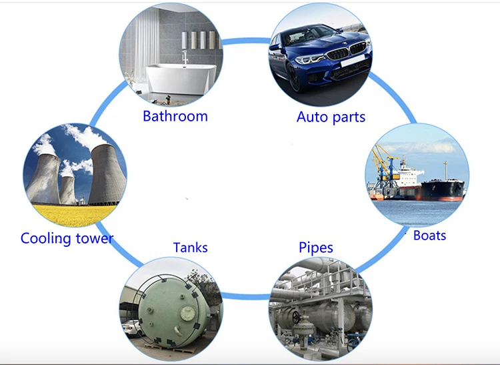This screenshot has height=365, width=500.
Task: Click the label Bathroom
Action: pyautogui.click(x=175, y=116)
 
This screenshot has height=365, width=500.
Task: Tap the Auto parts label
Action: pyautogui.click(x=331, y=117)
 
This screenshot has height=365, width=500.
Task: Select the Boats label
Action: pyautogui.click(x=429, y=235)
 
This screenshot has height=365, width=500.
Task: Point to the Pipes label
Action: pyautogui.click(x=315, y=248)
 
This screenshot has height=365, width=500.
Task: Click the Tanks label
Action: pyautogui.click(x=190, y=248)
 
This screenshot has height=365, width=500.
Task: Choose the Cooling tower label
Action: pyautogui.click(x=67, y=238)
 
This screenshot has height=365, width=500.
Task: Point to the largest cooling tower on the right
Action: pyautogui.click(x=104, y=175)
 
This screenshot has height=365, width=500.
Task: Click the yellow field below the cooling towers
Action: pyautogui.click(x=67, y=215)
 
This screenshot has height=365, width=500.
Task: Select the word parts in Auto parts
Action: pyautogui.click(x=349, y=117)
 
